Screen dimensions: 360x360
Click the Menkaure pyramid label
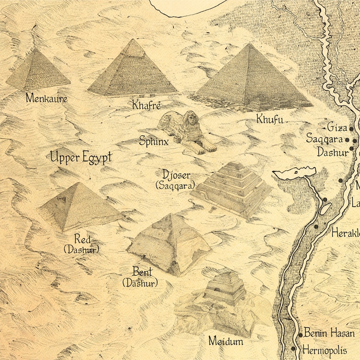[46, 97]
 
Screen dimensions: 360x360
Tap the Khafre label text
[146, 106]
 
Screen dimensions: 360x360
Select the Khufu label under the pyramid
[269, 120]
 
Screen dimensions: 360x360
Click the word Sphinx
[154, 141]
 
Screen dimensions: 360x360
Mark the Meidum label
[225, 341]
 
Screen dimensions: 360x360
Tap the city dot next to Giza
[351, 129]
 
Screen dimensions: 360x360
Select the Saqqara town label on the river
[325, 138]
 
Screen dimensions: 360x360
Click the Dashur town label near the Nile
[332, 152]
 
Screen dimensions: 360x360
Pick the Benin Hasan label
[329, 334]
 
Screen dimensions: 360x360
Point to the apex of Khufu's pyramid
[248, 44]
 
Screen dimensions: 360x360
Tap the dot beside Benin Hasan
[300, 335]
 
